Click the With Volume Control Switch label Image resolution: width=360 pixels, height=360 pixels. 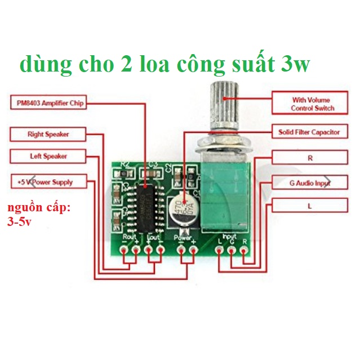pyautogui.click(x=312, y=104)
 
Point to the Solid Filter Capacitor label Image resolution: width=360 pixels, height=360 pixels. pyautogui.click(x=309, y=132)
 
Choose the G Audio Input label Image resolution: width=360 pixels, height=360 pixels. pyautogui.click(x=309, y=183)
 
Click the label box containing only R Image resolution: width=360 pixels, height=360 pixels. pyautogui.click(x=309, y=158)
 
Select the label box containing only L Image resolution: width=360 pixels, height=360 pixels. pyautogui.click(x=309, y=206)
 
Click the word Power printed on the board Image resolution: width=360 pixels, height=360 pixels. pyautogui.click(x=184, y=238)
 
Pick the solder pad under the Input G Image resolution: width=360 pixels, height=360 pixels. pyautogui.click(x=231, y=250)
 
